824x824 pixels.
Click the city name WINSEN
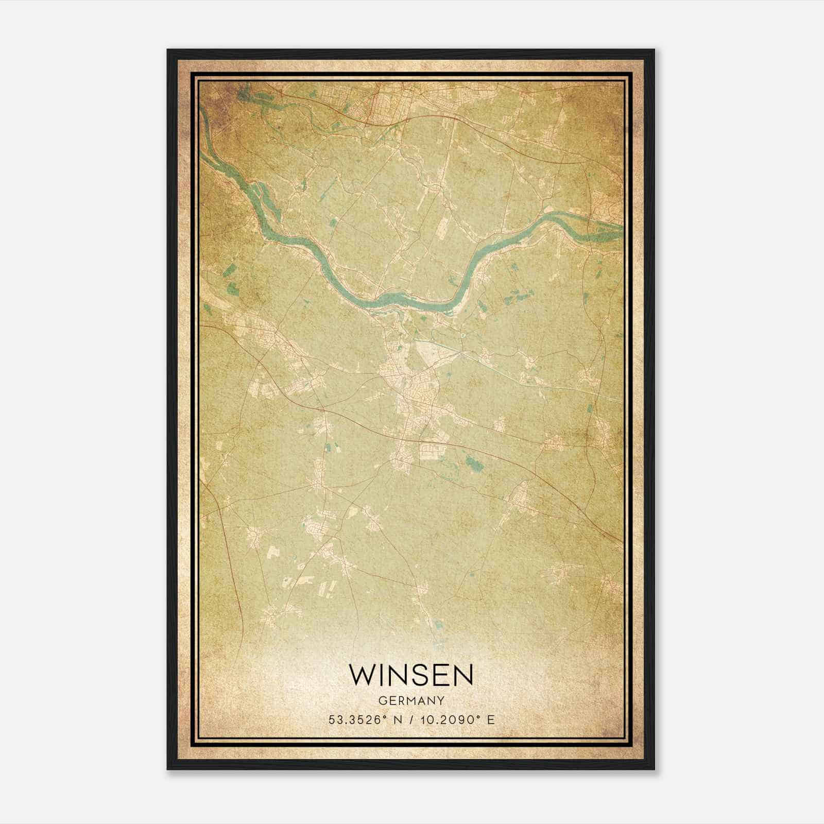point(411,675)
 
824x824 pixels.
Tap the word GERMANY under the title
point(411,700)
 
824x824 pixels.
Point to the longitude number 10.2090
point(443,720)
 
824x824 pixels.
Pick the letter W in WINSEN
point(362,675)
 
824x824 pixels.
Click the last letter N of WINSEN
point(462,675)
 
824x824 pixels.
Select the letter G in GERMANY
point(381,700)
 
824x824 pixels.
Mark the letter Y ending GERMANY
point(441,700)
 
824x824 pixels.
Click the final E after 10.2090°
point(491,720)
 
